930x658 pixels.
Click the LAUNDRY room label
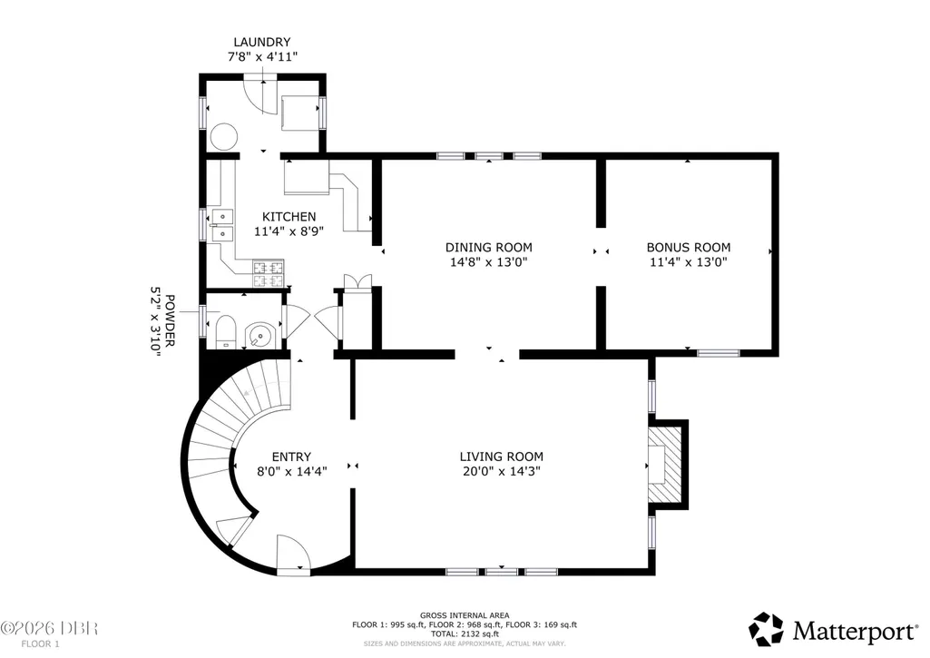(x=261, y=42)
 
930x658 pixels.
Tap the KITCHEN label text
(x=289, y=217)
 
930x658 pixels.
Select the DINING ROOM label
(x=489, y=248)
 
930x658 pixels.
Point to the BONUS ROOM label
(x=688, y=248)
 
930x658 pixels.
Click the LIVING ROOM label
(x=501, y=457)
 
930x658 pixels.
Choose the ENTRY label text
(x=291, y=457)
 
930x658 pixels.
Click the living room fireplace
(x=667, y=465)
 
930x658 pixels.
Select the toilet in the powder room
(x=225, y=333)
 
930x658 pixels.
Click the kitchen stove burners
(x=268, y=274)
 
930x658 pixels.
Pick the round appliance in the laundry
(x=224, y=136)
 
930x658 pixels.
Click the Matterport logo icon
(x=766, y=630)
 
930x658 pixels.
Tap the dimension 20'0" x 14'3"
(x=501, y=472)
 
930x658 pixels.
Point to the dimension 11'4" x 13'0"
(x=688, y=262)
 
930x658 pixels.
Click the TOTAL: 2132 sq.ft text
(x=465, y=633)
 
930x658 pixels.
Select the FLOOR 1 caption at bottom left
(x=40, y=643)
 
